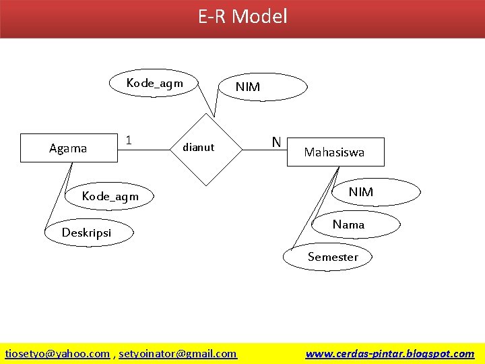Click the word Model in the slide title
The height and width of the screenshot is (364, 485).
[259, 16]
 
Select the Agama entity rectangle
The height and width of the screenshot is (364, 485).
[68, 148]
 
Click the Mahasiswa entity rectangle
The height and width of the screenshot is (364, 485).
[334, 152]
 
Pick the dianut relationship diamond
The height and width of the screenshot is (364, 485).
[199, 148]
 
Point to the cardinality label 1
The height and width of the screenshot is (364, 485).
[128, 141]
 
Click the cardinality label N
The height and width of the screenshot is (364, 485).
[276, 142]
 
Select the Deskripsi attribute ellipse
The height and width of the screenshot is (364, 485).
[87, 233]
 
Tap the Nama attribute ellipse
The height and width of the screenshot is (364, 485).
[348, 224]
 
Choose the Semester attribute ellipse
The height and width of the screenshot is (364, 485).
[333, 257]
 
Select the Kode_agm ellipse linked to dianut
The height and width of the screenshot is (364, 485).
[154, 84]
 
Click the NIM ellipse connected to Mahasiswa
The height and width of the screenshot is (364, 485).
[360, 192]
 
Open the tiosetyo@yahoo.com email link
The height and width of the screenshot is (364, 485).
[57, 353]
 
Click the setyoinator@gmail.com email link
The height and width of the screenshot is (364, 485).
[178, 353]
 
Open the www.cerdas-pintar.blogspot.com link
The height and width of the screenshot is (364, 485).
[389, 353]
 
